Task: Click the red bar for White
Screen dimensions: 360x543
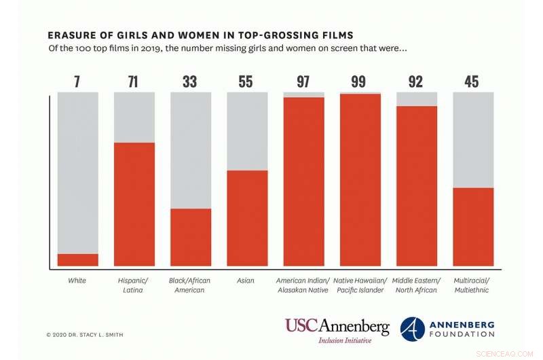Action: tap(77, 259)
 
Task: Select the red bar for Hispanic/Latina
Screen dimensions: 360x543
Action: tap(134, 204)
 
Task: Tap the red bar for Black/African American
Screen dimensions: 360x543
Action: tap(191, 236)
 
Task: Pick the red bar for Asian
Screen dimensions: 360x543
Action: tap(247, 217)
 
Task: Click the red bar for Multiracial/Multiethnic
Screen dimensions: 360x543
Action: tap(473, 226)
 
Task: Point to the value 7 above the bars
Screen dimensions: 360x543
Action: tap(77, 82)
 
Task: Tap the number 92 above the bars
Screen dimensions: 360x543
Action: tap(416, 82)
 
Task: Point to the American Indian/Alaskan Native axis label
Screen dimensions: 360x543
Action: tap(303, 285)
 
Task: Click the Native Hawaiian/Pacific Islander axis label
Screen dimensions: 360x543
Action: tap(360, 285)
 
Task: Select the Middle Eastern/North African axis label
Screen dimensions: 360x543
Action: tap(416, 285)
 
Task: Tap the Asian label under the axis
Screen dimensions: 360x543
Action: tap(246, 281)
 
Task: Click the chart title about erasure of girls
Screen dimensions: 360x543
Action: tap(201, 35)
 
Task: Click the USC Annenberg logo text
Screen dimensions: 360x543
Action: tap(337, 326)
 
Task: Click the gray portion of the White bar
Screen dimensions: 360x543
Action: tap(77, 170)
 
